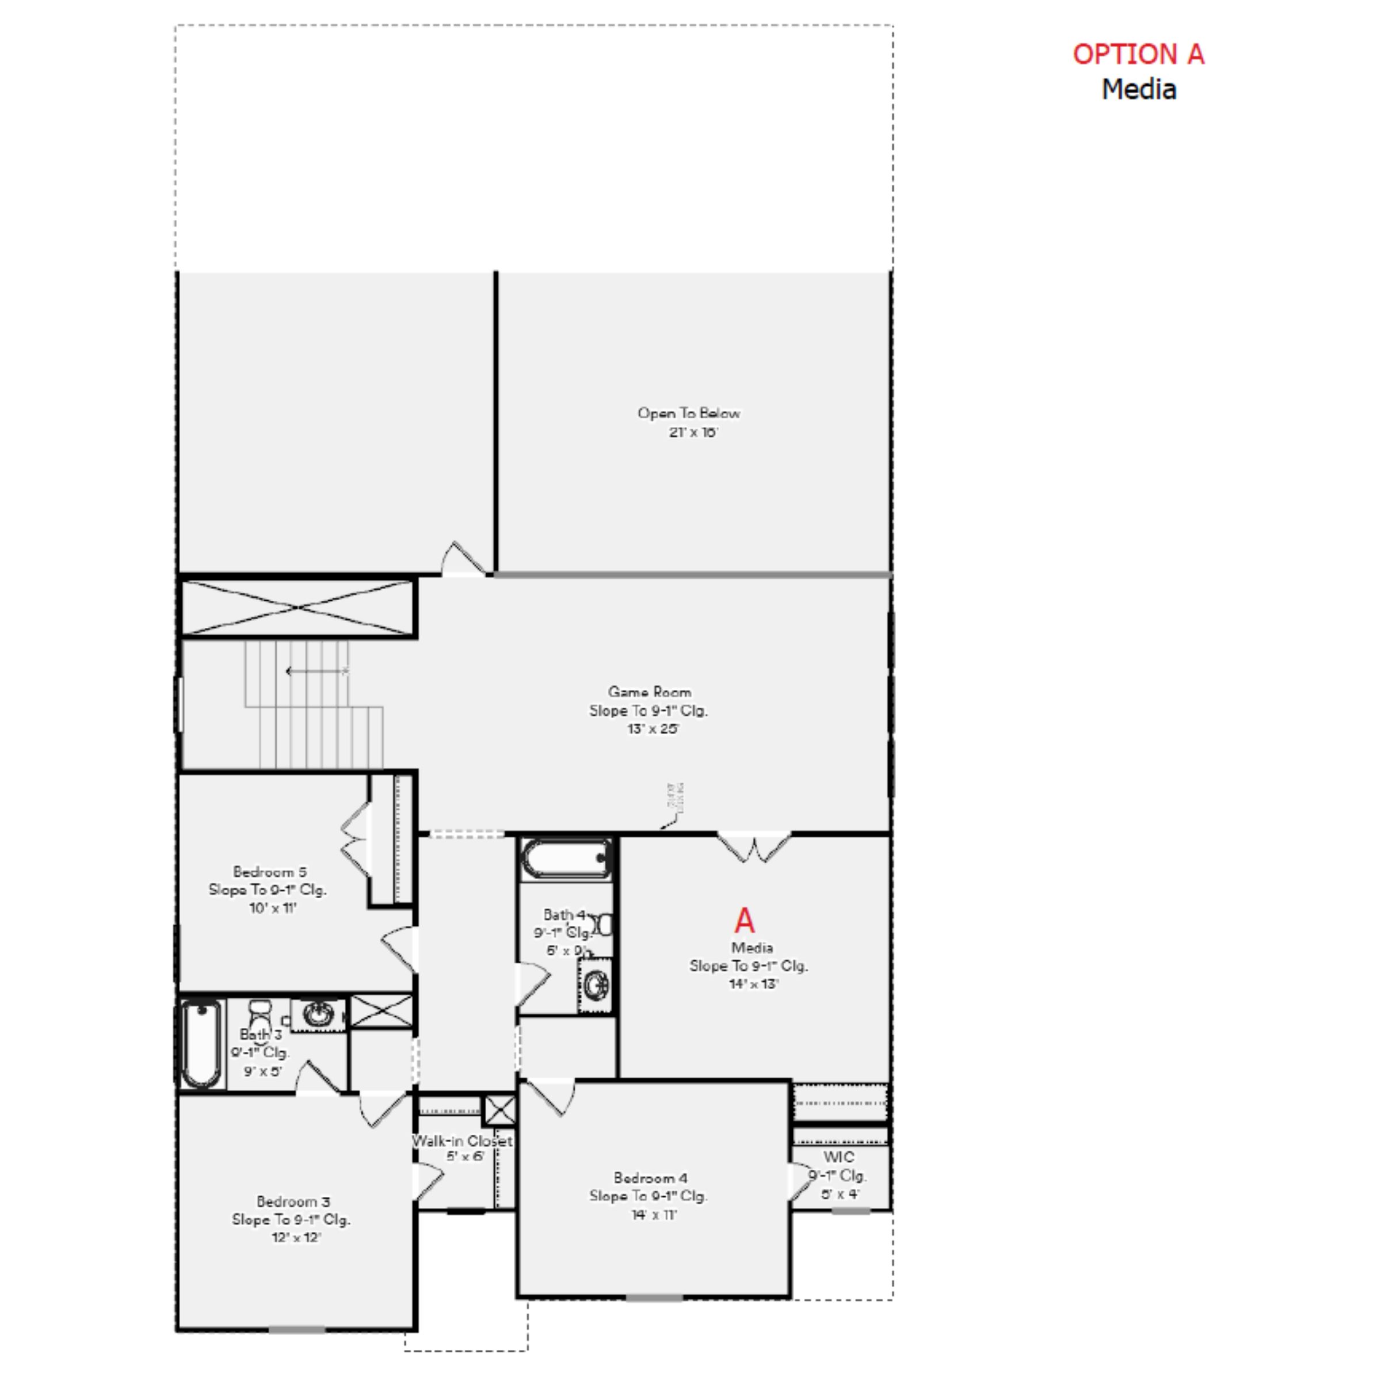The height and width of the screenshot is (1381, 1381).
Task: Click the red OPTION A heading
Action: click(x=1138, y=54)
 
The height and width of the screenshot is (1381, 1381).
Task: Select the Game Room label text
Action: click(x=649, y=692)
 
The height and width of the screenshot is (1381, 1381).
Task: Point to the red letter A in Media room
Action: click(x=744, y=920)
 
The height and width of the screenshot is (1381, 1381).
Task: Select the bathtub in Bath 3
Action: click(x=201, y=1044)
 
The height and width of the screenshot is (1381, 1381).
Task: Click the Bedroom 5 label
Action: click(x=269, y=872)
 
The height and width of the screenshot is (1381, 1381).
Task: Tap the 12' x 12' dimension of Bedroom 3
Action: click(x=296, y=1237)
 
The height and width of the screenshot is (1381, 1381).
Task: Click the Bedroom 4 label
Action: click(x=650, y=1177)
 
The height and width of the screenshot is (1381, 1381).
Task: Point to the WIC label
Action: click(x=838, y=1157)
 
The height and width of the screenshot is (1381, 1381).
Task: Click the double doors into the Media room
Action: click(x=754, y=847)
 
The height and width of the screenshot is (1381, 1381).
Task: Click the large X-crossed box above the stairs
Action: click(x=297, y=608)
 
